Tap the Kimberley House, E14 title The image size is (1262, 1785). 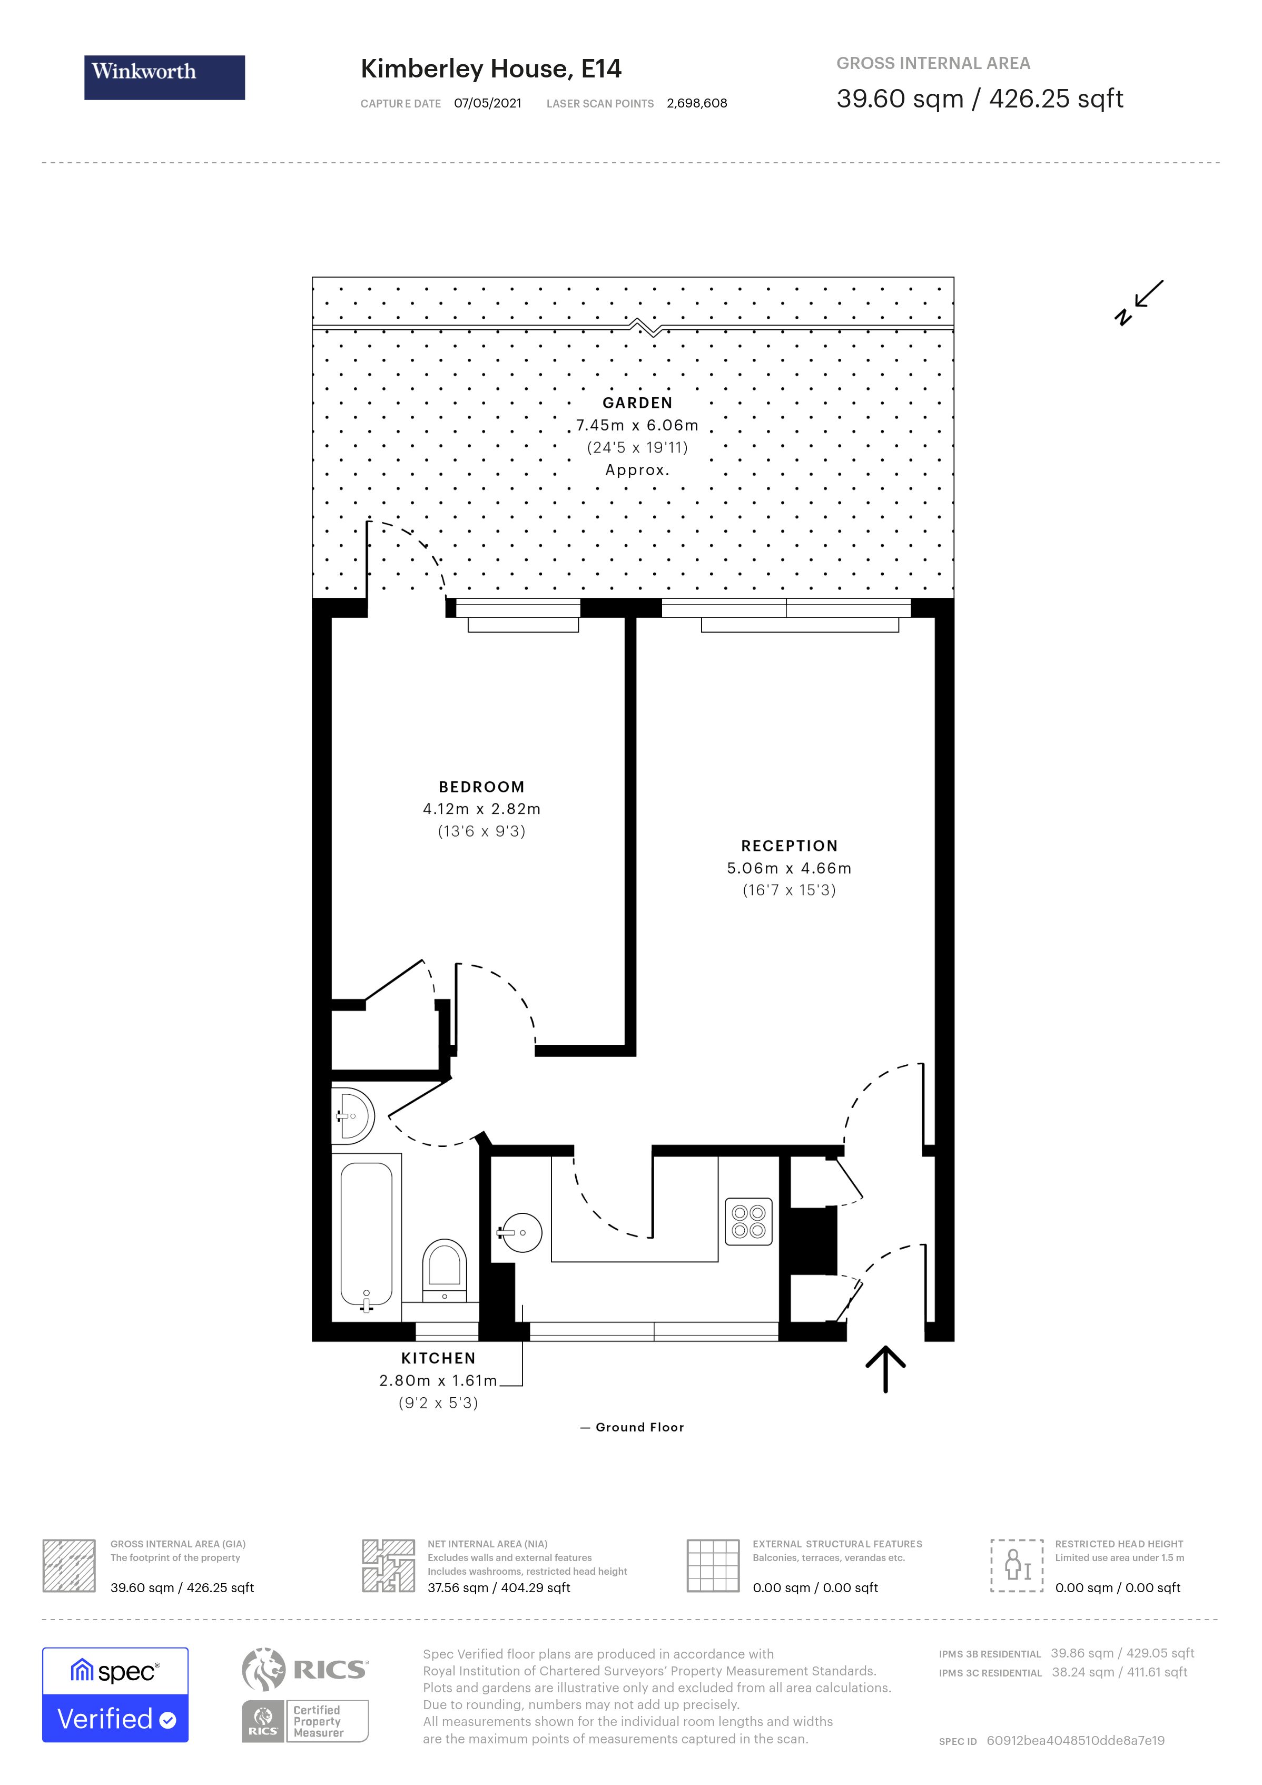[490, 69]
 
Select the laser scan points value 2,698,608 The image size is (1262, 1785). [696, 103]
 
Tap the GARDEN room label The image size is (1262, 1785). [637, 403]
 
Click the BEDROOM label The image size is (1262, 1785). [482, 787]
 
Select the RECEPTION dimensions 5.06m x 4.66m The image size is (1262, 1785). [789, 868]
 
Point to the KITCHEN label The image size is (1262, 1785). [438, 1358]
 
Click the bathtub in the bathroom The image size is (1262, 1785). [366, 1236]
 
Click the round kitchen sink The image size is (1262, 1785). [521, 1232]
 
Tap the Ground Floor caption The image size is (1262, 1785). [639, 1427]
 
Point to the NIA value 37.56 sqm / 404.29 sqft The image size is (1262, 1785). [498, 1587]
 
